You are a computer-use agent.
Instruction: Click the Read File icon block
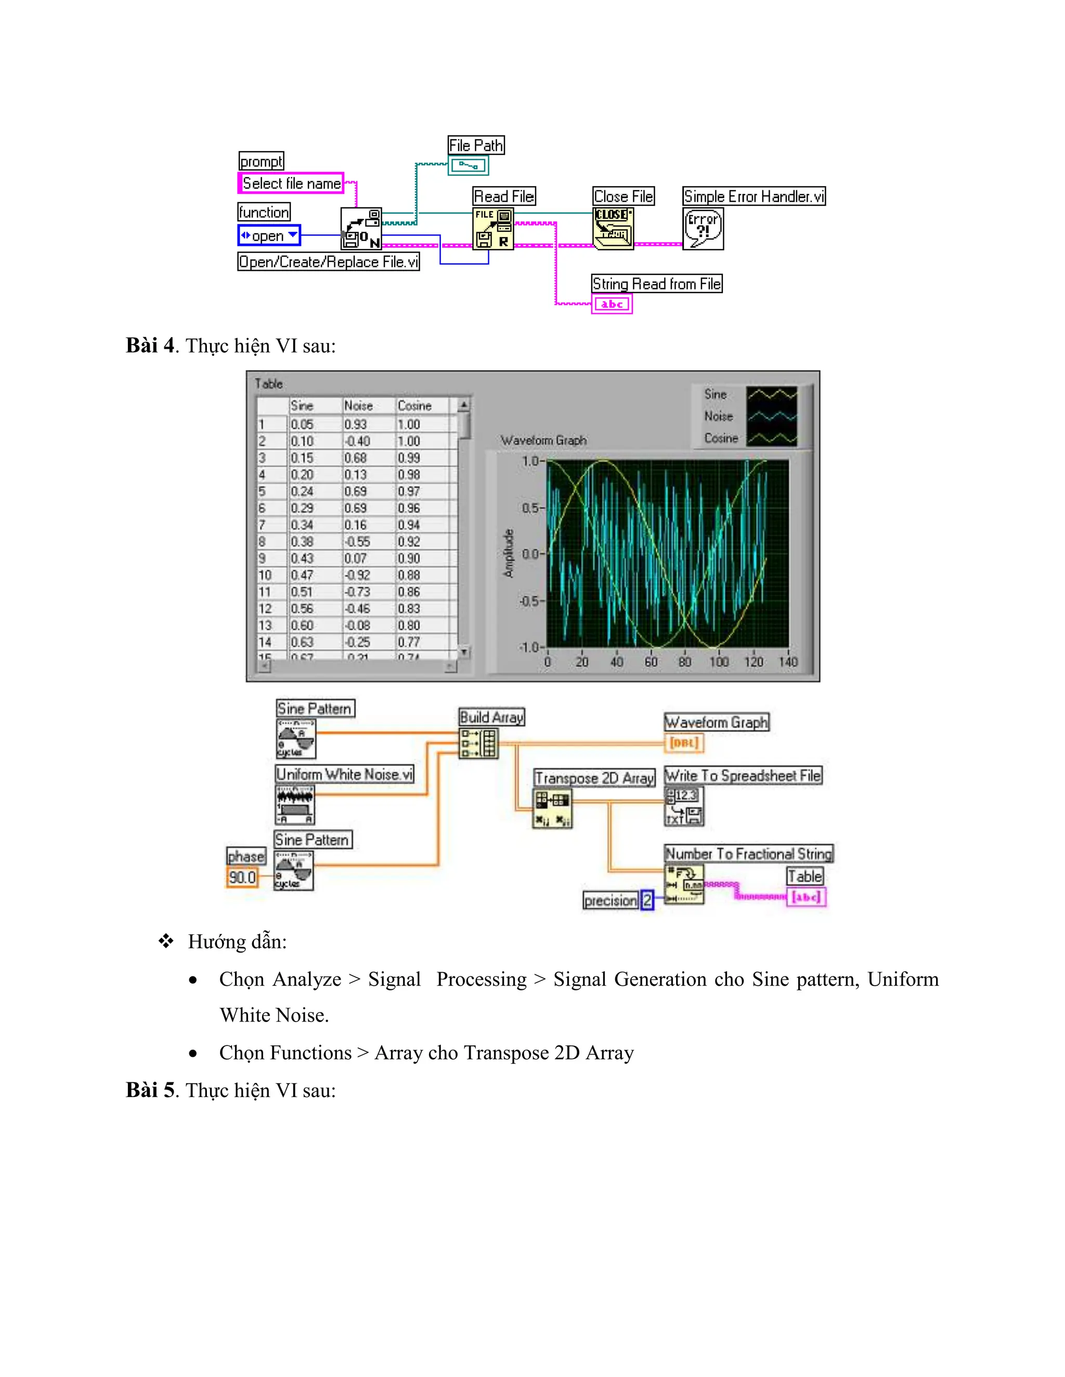tap(493, 228)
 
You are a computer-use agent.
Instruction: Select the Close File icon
tap(613, 228)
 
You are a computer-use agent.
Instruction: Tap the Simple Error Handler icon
tap(703, 228)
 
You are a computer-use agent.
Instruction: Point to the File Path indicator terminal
tap(468, 166)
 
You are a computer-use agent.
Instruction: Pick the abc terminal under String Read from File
tap(612, 304)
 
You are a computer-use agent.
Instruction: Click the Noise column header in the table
tap(358, 405)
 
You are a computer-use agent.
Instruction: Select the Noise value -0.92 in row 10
tap(357, 575)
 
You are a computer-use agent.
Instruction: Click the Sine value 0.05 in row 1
tap(302, 425)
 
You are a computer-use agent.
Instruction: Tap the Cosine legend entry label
tap(721, 438)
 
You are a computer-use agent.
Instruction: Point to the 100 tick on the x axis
tap(719, 661)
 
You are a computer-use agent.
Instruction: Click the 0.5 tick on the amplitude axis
tap(530, 508)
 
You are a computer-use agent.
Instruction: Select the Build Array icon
tap(478, 743)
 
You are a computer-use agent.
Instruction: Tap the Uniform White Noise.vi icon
tap(295, 804)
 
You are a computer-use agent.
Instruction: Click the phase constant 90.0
tap(242, 877)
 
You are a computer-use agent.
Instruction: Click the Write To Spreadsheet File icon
tap(684, 806)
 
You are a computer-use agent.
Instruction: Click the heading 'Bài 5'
tap(150, 1090)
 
